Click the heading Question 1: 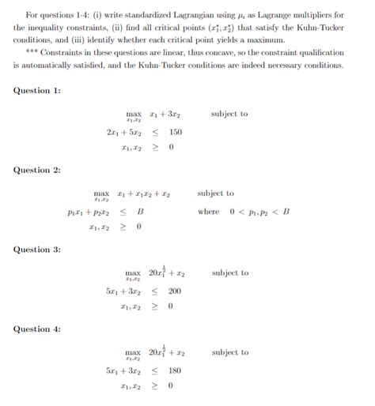click(37, 91)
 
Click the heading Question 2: click(37, 171)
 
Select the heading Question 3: click(37, 250)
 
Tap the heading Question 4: click(37, 329)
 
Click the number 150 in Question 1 click(175, 132)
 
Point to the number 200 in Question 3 click(175, 291)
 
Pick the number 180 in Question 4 click(175, 370)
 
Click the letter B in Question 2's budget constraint click(140, 212)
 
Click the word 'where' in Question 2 click(209, 212)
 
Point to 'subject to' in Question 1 click(229, 115)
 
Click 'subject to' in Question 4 click(229, 353)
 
